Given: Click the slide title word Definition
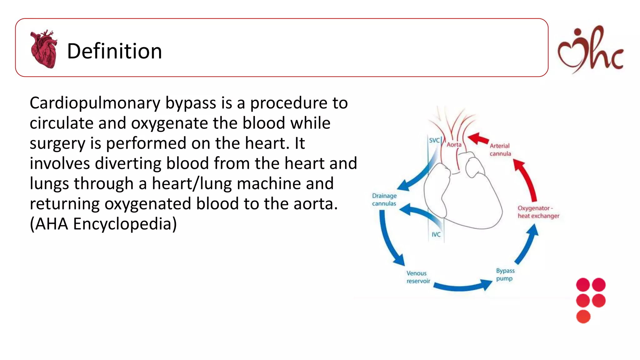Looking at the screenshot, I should [114, 51].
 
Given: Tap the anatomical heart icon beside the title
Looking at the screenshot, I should [44, 49].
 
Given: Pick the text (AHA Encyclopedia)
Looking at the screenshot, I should [103, 224].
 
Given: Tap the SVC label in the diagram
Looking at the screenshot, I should [434, 140].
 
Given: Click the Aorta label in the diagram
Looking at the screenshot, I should [454, 145].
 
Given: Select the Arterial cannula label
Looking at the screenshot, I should [500, 150].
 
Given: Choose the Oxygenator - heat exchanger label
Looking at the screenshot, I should [538, 212].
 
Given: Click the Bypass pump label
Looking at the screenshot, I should [505, 274].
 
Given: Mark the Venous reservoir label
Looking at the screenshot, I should [418, 277].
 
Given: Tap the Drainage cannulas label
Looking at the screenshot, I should [384, 199].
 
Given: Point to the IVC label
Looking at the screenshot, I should [436, 234].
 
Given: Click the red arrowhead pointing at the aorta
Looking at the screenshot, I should [477, 138].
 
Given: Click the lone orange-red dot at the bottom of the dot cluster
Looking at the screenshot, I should [583, 317].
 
